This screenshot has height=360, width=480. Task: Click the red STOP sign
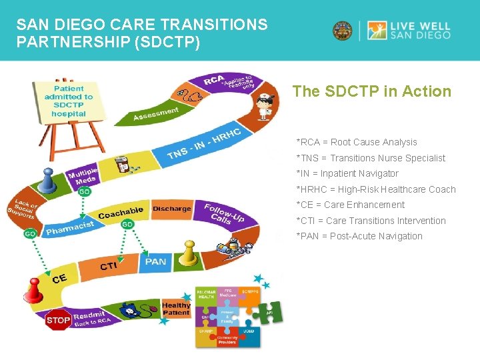[x=59, y=321]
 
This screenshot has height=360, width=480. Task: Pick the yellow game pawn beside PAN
[x=190, y=252]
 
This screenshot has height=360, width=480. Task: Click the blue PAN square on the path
[x=156, y=262]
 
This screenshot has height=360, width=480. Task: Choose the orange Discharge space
[x=171, y=209]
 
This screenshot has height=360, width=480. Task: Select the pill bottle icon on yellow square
[x=122, y=164]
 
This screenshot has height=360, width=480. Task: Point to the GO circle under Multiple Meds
[x=85, y=192]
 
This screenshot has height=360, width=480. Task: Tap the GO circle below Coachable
[x=127, y=225]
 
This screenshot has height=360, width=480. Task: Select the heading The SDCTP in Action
[x=372, y=92]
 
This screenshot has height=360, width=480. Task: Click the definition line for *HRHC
[x=376, y=189]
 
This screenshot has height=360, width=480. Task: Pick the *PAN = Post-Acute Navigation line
[x=359, y=236]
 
